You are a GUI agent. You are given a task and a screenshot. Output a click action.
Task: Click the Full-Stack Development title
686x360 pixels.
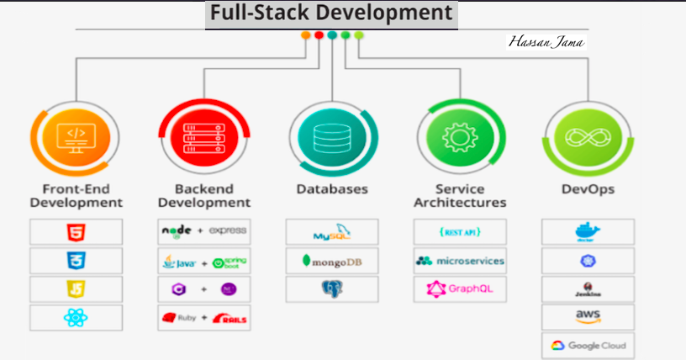click(331, 14)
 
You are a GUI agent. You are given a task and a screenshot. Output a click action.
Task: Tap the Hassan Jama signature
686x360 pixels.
click(546, 41)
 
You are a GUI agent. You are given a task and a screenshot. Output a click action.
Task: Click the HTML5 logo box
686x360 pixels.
click(76, 231)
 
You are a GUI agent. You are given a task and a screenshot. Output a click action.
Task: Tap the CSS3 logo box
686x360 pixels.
click(76, 260)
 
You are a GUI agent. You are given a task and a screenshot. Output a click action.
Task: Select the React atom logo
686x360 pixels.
click(76, 318)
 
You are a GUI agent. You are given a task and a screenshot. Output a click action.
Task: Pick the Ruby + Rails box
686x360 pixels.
click(203, 319)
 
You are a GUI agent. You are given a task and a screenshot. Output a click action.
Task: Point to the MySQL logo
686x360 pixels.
click(331, 231)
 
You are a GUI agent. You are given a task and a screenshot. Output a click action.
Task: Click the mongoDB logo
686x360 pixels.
click(331, 261)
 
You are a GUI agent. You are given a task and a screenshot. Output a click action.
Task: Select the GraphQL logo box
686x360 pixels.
click(460, 289)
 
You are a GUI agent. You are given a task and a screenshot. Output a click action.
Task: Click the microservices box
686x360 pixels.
click(460, 261)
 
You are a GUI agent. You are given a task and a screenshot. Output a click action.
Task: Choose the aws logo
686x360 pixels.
click(588, 317)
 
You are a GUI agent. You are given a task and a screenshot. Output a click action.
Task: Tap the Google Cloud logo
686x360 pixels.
click(588, 346)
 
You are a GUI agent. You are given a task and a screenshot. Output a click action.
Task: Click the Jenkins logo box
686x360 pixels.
click(588, 289)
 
